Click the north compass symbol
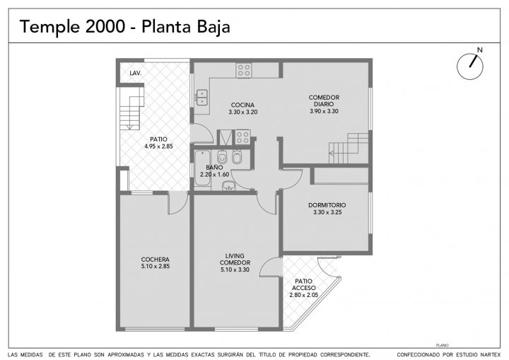[470, 66]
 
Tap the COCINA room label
[242, 105]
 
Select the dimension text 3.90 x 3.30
[324, 111]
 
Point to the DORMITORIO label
[327, 205]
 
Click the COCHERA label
[155, 260]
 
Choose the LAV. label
[135, 74]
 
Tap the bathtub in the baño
[202, 168]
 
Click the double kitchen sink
[202, 98]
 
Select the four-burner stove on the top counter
[243, 70]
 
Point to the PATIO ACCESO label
[304, 284]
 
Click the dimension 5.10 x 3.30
[235, 269]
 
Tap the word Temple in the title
[49, 27]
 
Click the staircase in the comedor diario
[349, 148]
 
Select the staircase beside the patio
[131, 108]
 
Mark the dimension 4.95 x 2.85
[159, 146]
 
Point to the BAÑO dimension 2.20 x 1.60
[214, 175]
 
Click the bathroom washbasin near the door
[228, 185]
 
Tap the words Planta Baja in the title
[186, 27]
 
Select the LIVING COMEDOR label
[235, 260]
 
